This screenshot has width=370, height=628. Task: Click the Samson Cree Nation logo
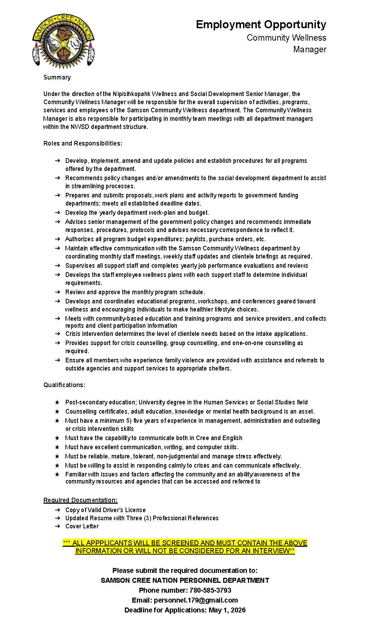pos(63,41)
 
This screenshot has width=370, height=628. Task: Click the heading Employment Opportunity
pos(261,24)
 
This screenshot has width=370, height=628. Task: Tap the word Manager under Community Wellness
pos(310,49)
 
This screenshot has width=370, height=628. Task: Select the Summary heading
pos(57,77)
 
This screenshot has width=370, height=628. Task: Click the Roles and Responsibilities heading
pos(82,143)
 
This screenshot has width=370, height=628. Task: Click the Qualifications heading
pos(64,385)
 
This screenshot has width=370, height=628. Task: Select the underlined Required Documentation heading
pos(80,500)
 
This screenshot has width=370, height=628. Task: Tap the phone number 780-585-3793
pos(210,590)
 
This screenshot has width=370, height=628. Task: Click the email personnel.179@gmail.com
pos(196,600)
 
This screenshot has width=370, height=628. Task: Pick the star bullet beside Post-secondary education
pos(57,402)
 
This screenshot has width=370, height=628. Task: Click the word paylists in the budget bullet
pos(195,239)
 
